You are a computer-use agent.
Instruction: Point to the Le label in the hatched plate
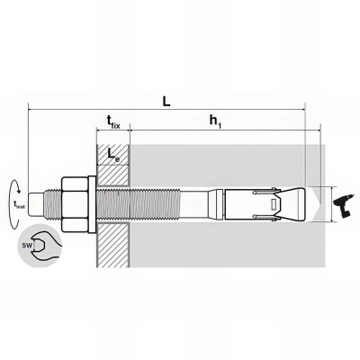tap(112, 155)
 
